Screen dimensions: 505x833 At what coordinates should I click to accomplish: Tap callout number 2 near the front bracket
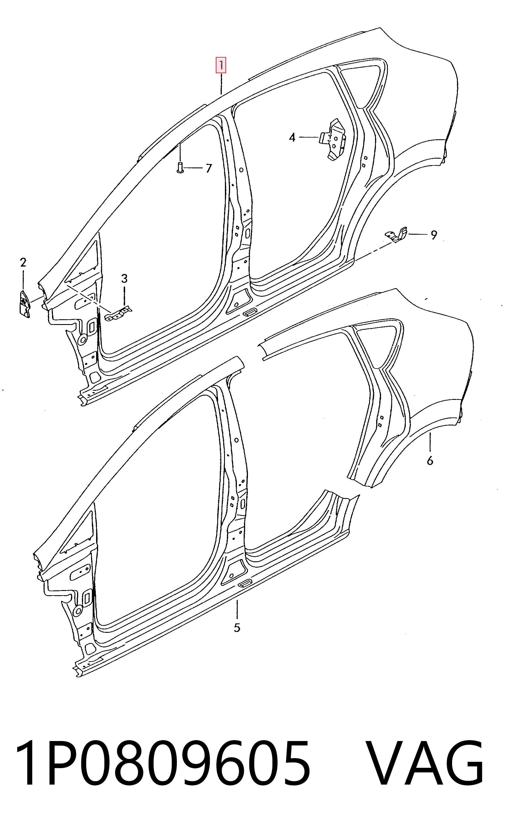(23, 262)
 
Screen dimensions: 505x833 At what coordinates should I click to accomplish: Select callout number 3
(124, 279)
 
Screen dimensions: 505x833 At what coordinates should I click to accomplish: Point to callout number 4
(292, 138)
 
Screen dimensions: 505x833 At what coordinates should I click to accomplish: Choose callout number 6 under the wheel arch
(430, 460)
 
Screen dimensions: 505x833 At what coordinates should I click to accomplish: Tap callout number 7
(209, 168)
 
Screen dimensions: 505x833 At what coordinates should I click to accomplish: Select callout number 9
(434, 235)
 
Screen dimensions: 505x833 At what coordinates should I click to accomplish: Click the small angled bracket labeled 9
(397, 235)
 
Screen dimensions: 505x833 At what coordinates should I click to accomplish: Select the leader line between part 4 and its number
(309, 137)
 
